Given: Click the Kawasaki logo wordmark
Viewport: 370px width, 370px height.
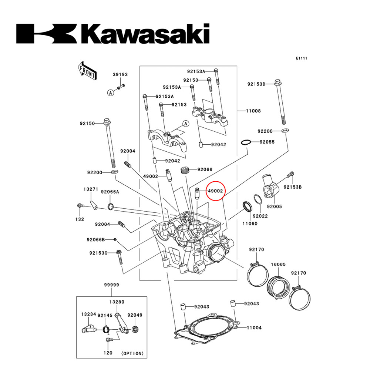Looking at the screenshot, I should (113, 34).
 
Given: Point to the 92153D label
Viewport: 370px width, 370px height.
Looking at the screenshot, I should (256, 84).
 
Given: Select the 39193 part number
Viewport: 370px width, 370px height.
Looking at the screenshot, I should (120, 74).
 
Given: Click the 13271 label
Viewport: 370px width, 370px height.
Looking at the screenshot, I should (90, 189).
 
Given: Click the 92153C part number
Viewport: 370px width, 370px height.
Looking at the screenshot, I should (98, 253).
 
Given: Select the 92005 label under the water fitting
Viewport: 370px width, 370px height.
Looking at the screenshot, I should (274, 207).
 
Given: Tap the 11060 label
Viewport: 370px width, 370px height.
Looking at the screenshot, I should (250, 223).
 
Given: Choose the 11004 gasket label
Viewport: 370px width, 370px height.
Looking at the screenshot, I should (254, 328).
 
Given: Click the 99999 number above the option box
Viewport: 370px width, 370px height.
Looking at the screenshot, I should (111, 285).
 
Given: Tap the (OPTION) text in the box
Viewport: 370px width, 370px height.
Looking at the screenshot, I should (132, 353).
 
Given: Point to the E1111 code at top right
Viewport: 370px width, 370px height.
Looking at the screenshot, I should (302, 58).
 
